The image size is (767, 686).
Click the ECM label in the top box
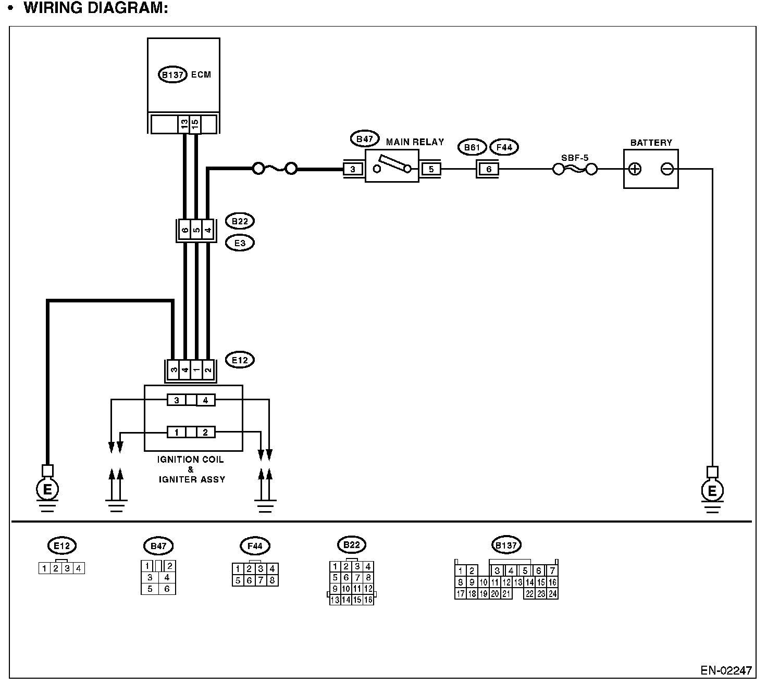pyautogui.click(x=201, y=75)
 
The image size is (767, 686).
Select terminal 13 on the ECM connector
pyautogui.click(x=184, y=124)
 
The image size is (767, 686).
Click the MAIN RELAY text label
pyautogui.click(x=415, y=142)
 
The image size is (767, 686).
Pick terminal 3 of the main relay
pyautogui.click(x=353, y=169)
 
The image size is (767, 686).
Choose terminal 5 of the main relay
pyautogui.click(x=431, y=169)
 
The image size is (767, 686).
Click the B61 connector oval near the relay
pyautogui.click(x=472, y=147)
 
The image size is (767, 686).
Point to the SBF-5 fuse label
pyautogui.click(x=575, y=157)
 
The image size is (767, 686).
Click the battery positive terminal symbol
pyautogui.click(x=635, y=169)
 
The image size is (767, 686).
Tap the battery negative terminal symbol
pyautogui.click(x=667, y=169)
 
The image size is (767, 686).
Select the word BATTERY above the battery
pyautogui.click(x=651, y=143)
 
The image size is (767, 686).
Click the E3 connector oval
pyautogui.click(x=240, y=243)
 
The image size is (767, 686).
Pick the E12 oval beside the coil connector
pyautogui.click(x=240, y=360)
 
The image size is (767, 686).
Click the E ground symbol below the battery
pyautogui.click(x=712, y=490)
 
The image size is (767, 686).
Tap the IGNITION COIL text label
pyautogui.click(x=191, y=460)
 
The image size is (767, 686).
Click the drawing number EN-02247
pyautogui.click(x=726, y=670)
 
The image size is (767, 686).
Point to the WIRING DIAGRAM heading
pyautogui.click(x=96, y=8)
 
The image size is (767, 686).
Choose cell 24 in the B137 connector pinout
pyautogui.click(x=552, y=594)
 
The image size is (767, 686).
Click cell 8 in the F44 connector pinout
pyautogui.click(x=272, y=580)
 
